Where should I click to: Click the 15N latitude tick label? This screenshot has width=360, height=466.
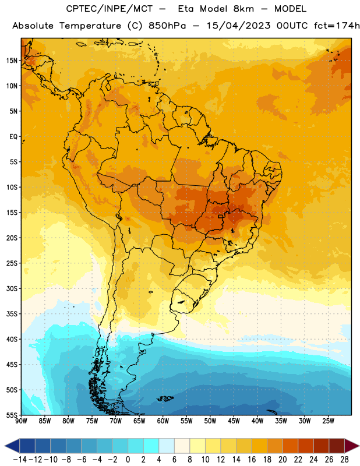[12, 61]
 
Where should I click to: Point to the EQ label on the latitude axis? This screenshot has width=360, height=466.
[13, 137]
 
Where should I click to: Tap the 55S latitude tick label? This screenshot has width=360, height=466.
[12, 415]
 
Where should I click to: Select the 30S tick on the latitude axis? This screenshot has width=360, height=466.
[12, 288]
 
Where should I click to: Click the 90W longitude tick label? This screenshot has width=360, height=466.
[21, 421]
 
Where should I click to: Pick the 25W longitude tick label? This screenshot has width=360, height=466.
[328, 421]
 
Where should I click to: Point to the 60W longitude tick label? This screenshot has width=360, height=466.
[163, 421]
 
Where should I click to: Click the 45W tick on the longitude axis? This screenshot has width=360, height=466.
[234, 421]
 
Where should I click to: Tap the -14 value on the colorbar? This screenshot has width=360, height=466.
[20, 460]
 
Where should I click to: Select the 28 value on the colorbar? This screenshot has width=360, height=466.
[344, 460]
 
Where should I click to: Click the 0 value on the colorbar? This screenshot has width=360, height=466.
[128, 460]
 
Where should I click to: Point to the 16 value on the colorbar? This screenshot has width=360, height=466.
[252, 460]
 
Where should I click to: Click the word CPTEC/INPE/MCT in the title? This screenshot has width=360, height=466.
[110, 9]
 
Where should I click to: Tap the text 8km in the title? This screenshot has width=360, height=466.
[243, 9]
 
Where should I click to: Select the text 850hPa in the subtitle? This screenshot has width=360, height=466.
[167, 26]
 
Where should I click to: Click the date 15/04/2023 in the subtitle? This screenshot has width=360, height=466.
[238, 26]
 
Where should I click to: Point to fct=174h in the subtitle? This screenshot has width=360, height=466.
[337, 26]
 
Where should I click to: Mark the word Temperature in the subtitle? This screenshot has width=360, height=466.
[90, 26]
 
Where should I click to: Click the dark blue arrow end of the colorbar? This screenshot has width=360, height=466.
[12, 446]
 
